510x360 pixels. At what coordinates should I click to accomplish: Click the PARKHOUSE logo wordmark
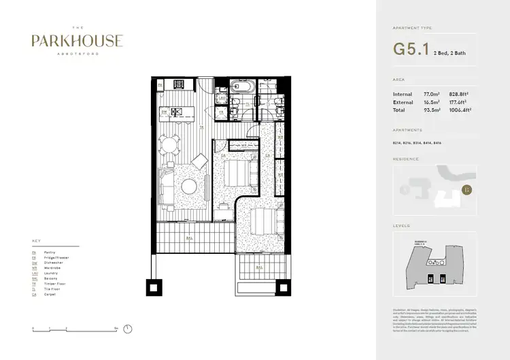click(x=76, y=41)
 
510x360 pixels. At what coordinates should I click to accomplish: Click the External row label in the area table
click(x=403, y=102)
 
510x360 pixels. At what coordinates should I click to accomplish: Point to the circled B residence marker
click(x=466, y=191)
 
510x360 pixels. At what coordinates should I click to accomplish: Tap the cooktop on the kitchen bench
click(x=180, y=84)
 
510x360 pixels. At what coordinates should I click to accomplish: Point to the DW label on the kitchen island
click(x=165, y=111)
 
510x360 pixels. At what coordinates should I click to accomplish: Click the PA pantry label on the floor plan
click(x=160, y=84)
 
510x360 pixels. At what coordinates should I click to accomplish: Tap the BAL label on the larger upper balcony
click(x=189, y=238)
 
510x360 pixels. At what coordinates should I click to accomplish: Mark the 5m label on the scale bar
click(x=118, y=328)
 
